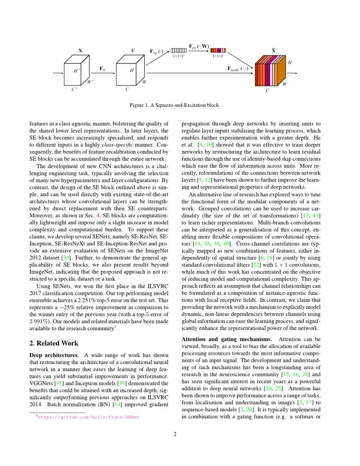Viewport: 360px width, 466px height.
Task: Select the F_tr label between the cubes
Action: [102, 69]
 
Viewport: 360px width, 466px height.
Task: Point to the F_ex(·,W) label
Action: [199, 46]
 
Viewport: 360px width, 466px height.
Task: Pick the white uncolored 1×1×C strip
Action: [179, 50]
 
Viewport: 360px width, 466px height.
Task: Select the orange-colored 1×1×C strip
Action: [218, 50]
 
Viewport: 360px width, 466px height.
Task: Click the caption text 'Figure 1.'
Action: [140, 105]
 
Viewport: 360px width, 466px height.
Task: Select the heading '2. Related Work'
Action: [53, 343]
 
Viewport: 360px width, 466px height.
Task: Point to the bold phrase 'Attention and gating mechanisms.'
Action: [227, 339]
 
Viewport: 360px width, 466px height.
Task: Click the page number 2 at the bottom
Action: [175, 434]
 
